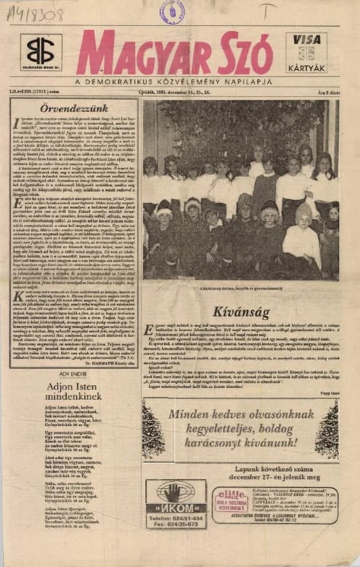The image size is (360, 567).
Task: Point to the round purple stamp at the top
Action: tap(172, 12)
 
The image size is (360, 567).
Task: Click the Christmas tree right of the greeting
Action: tap(327, 429)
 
